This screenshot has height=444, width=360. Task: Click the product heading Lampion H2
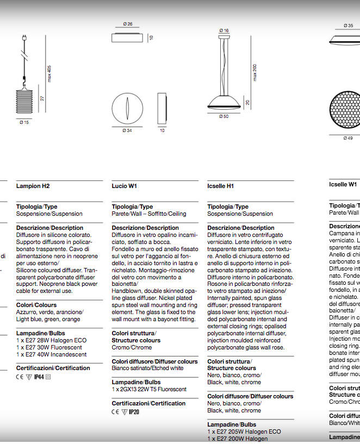[x=33, y=186]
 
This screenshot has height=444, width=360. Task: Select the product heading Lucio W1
[x=125, y=186]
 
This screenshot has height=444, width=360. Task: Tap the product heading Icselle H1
[x=221, y=186]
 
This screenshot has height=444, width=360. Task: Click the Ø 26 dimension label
[x=128, y=24]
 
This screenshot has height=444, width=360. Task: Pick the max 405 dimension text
[x=49, y=74]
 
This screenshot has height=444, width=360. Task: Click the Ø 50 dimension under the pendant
[x=224, y=116]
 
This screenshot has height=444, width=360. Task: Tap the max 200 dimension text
[x=255, y=72]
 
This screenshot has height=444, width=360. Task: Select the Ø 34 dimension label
[x=127, y=130]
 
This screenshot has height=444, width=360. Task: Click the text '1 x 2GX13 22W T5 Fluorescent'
[x=149, y=390]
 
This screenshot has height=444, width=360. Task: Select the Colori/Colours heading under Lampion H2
[x=36, y=305]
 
